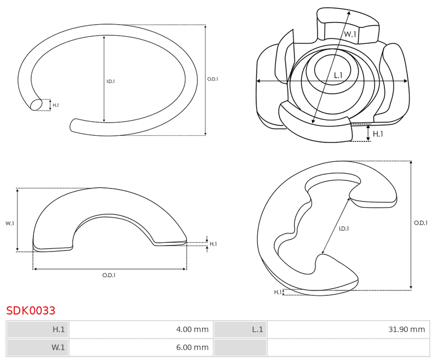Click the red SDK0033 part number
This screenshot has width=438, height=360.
coord(31,311)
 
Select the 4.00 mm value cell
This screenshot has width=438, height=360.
coord(141,329)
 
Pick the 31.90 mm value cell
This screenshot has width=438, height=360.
coord(348,329)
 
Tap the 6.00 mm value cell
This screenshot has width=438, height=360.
coord(141,347)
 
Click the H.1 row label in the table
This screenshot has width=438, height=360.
coord(37,329)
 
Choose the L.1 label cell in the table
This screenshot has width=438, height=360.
coord(240,329)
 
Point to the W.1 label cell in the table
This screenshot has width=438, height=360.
coord(37,347)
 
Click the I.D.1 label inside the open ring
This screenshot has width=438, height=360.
coord(111,81)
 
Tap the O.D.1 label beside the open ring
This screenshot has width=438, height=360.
coord(212,79)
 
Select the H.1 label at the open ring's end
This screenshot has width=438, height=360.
coord(56,105)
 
